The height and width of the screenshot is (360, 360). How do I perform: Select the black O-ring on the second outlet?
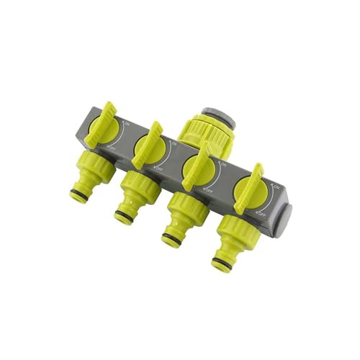(125, 213)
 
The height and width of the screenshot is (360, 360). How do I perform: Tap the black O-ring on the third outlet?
(173, 235)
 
